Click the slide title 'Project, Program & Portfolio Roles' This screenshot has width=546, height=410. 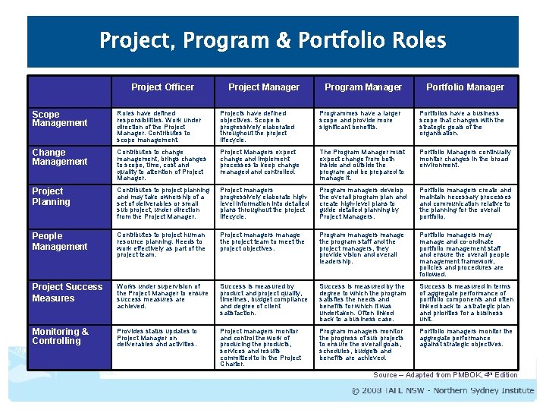(x=273, y=39)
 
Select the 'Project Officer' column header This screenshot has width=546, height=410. (x=162, y=87)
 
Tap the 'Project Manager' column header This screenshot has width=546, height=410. (x=264, y=87)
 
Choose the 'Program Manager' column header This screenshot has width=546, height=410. (x=363, y=87)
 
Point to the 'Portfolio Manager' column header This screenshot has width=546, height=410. (x=465, y=87)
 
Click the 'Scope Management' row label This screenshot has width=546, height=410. (x=60, y=119)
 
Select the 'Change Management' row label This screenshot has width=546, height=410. (x=60, y=157)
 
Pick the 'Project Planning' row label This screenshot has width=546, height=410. (x=51, y=197)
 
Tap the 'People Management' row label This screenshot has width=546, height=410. (x=60, y=241)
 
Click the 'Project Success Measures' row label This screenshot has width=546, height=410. (x=67, y=292)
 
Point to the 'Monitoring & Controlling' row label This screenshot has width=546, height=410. (x=60, y=336)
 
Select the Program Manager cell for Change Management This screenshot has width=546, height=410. (x=362, y=165)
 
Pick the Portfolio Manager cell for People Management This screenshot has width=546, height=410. (x=466, y=254)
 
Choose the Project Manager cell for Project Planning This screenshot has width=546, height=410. (x=264, y=203)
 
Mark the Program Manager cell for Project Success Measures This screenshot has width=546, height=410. (x=362, y=303)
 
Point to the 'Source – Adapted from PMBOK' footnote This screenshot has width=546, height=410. (x=445, y=375)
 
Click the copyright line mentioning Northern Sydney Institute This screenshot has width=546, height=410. (x=443, y=391)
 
